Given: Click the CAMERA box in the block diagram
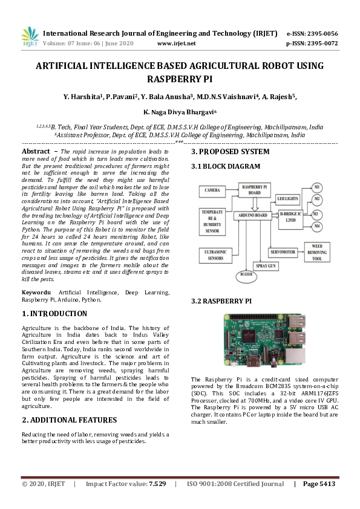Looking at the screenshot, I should coord(212,190).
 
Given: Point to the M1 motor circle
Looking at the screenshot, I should coord(317,185).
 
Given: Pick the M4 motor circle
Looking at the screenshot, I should coord(317,227).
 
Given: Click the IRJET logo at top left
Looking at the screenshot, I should coord(29,37).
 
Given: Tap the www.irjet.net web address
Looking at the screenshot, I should coord(176,44).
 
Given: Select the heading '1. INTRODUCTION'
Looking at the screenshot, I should coord(54,314).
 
